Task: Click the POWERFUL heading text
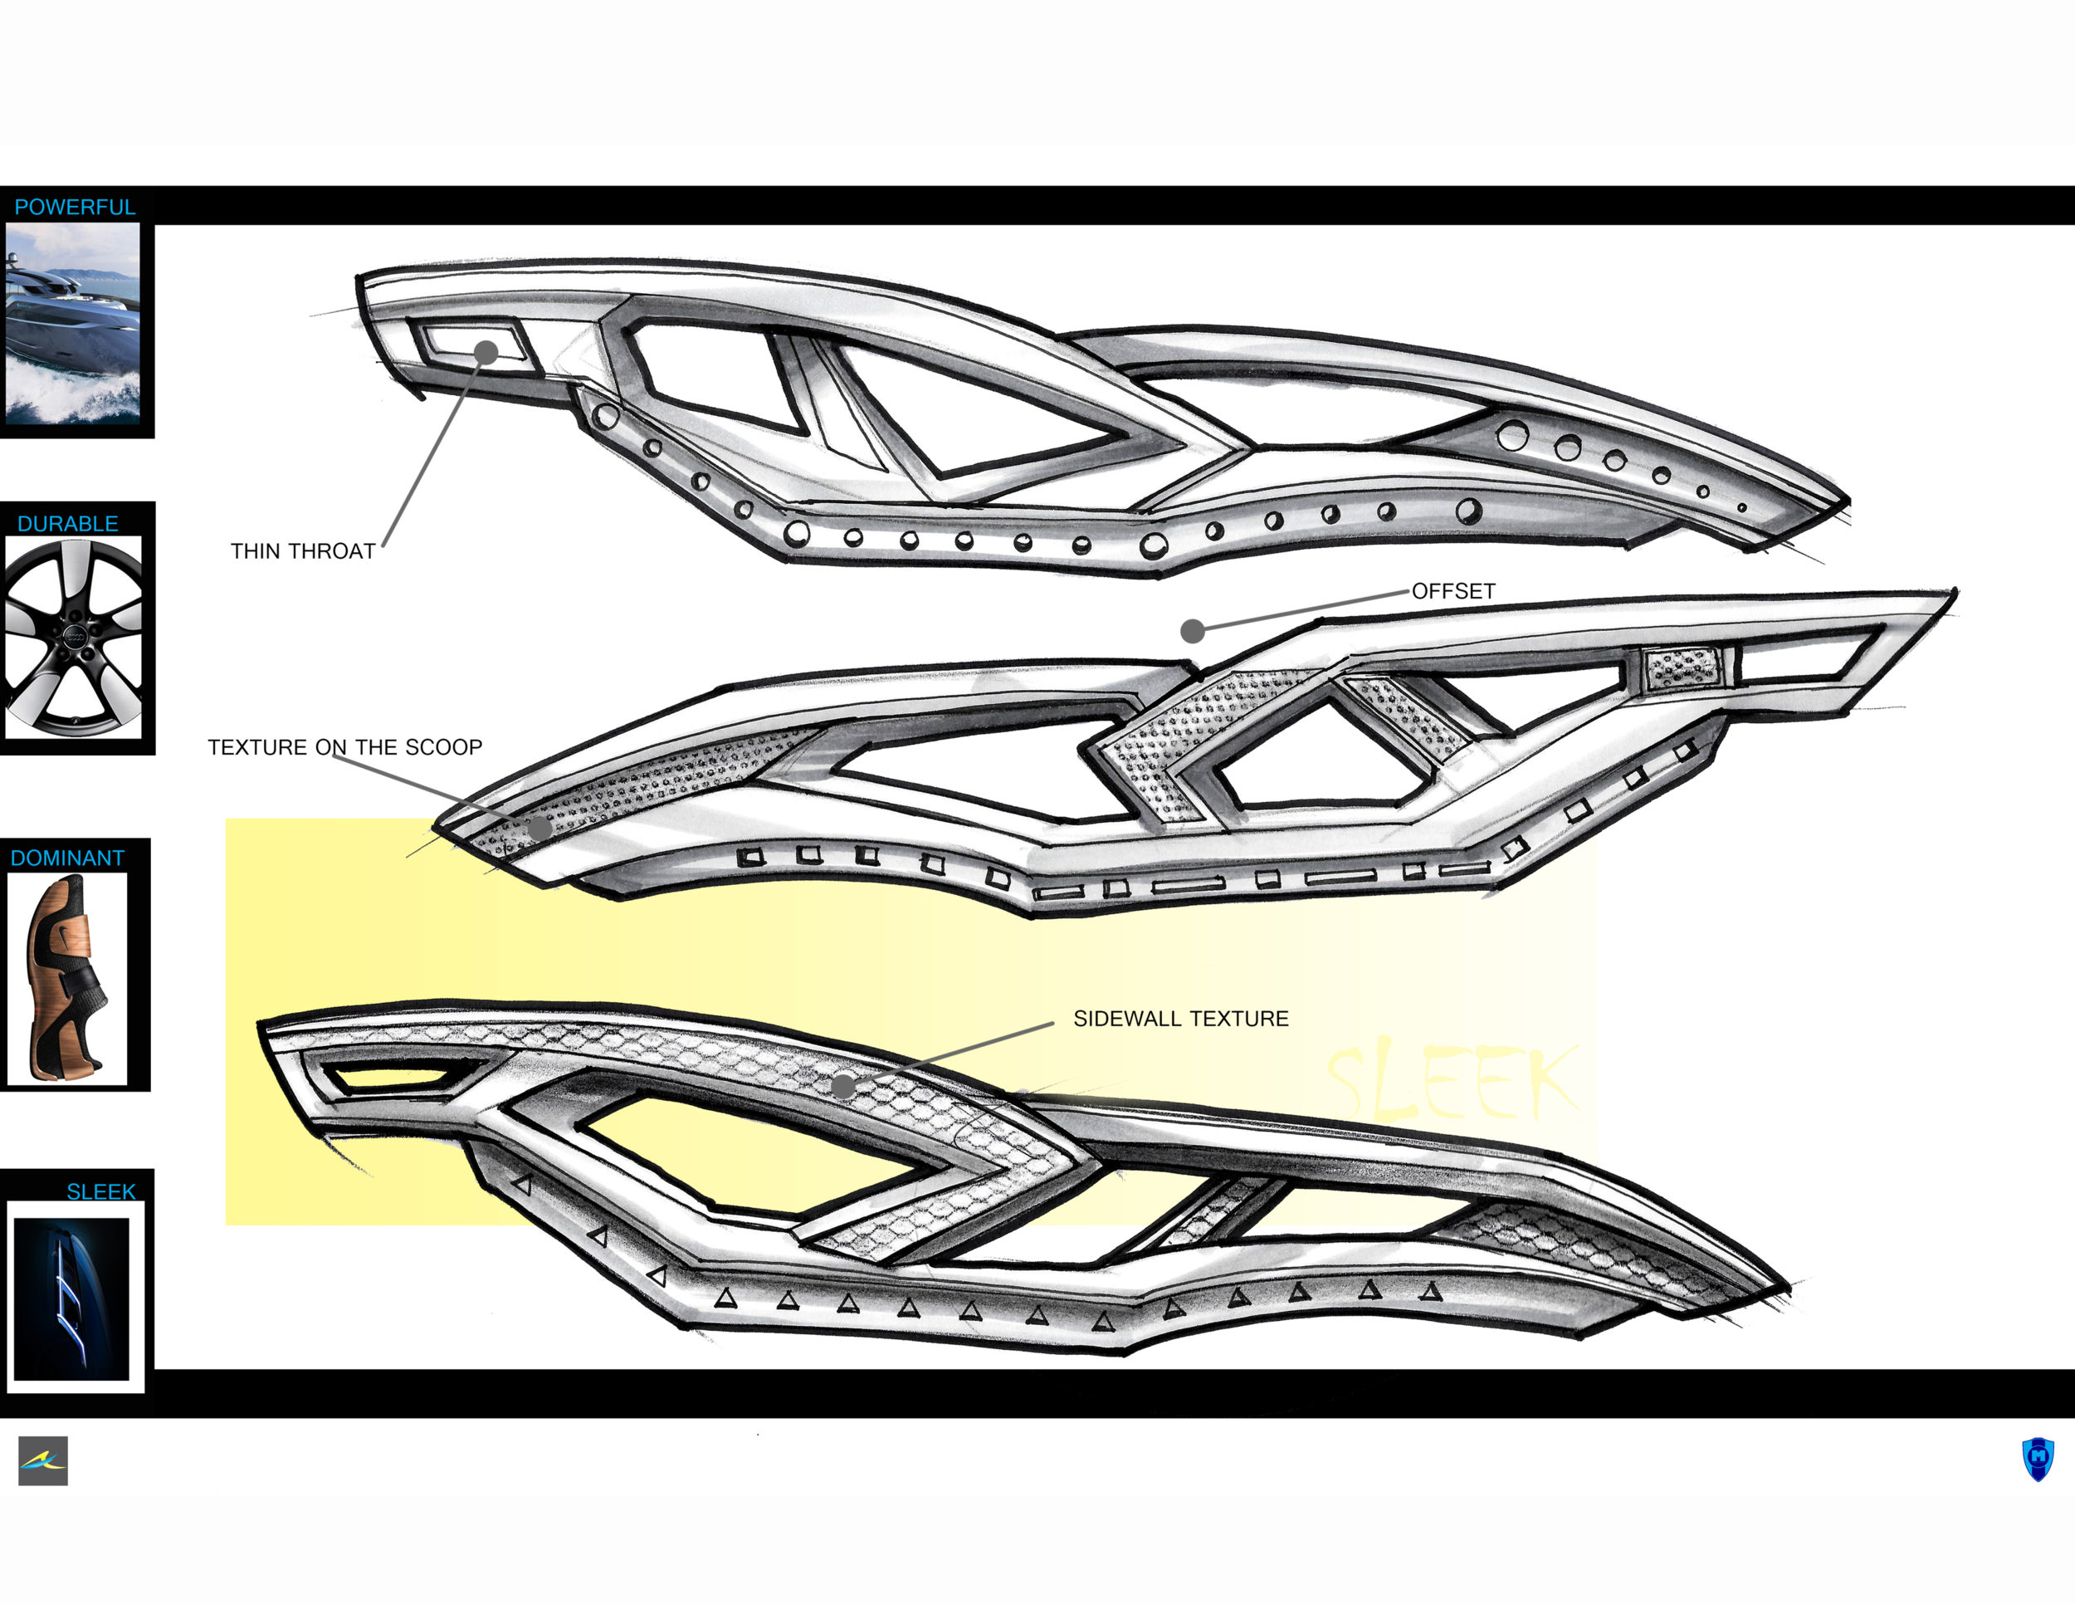75,208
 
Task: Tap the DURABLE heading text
67,524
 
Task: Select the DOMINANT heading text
67,858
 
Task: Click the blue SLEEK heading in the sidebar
100,1191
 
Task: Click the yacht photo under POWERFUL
73,323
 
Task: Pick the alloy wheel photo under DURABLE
73,637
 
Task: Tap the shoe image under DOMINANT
67,979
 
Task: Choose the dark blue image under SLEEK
71,1299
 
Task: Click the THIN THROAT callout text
303,551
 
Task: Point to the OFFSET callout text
1453,591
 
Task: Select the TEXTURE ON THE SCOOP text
345,747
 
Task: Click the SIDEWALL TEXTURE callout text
1181,1019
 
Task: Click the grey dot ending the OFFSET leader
1193,630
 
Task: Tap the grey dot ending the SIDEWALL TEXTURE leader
842,1085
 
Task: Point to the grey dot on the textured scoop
539,828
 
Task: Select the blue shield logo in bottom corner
2037,1460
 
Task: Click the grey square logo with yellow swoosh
43,1460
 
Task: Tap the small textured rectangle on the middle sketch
1682,668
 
